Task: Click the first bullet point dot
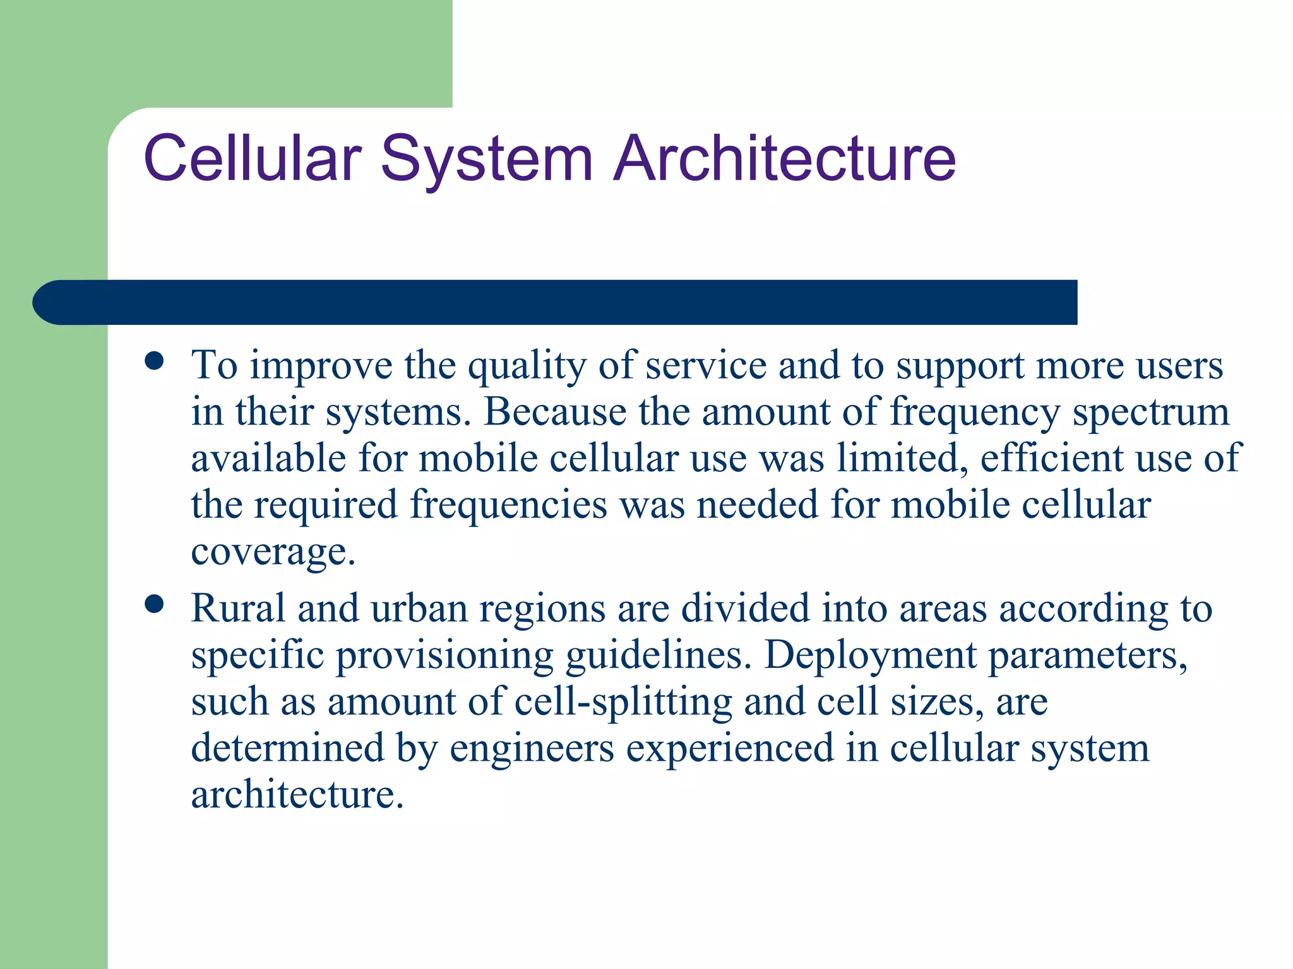tap(154, 361)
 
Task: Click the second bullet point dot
tap(154, 604)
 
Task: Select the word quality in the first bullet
tap(527, 366)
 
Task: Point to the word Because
tap(555, 412)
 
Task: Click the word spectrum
tap(1151, 412)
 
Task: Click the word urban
tap(419, 609)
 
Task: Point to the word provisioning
tap(444, 655)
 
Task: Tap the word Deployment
tap(870, 655)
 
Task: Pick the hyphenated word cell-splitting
tap(623, 702)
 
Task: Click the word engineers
tap(532, 748)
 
